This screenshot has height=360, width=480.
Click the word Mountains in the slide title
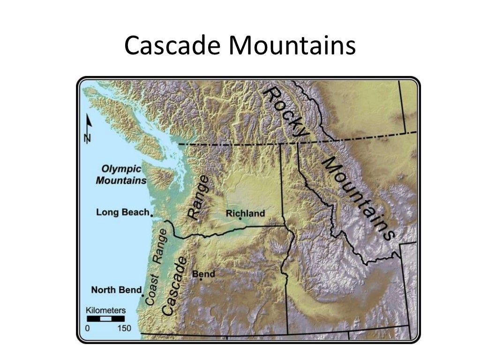(x=292, y=46)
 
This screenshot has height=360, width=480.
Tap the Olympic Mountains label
(x=121, y=174)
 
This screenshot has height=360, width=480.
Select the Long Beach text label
(x=122, y=212)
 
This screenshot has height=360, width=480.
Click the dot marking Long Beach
(x=152, y=214)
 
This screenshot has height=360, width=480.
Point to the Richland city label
(x=245, y=213)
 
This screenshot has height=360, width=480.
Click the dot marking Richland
(x=240, y=219)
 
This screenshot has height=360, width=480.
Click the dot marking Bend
(x=201, y=279)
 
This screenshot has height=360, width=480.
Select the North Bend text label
(x=116, y=290)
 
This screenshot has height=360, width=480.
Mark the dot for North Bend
(x=142, y=295)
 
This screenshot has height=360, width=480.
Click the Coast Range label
(x=157, y=267)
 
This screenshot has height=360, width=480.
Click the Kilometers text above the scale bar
(x=105, y=310)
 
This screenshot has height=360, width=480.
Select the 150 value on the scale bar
(x=124, y=328)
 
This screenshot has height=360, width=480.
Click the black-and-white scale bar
(x=105, y=319)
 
